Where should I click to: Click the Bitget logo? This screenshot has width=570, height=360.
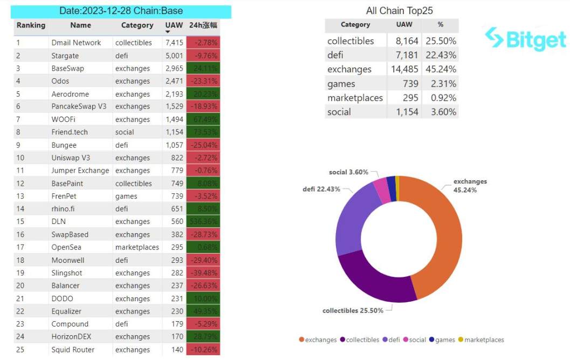click(x=525, y=38)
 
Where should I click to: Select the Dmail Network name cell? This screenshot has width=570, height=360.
click(x=76, y=43)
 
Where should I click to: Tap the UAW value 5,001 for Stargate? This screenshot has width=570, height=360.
click(x=174, y=56)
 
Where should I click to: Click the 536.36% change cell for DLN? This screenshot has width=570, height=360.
click(x=203, y=222)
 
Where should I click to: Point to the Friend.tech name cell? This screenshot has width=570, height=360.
click(x=70, y=132)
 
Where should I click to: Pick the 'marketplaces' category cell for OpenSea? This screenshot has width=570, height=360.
click(x=137, y=247)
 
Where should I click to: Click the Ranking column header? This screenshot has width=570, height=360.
click(x=31, y=25)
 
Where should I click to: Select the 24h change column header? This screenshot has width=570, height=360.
click(x=203, y=25)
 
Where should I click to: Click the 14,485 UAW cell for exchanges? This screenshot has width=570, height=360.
click(x=403, y=69)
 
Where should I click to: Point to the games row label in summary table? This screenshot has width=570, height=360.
click(x=341, y=84)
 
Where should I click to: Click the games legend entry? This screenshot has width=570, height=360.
click(x=442, y=340)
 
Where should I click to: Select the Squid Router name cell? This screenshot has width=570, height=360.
click(x=73, y=350)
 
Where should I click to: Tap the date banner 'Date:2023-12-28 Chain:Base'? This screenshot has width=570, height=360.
click(x=121, y=11)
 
